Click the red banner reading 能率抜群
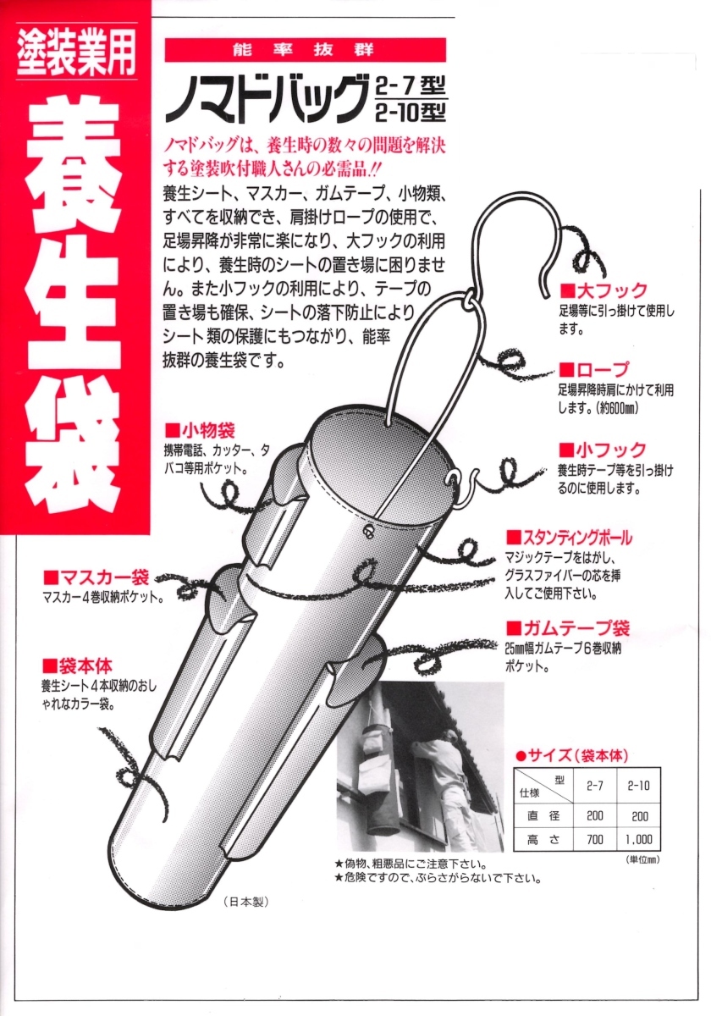[x=306, y=50]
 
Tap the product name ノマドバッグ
[x=266, y=100]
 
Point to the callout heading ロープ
[x=594, y=370]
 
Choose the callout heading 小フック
[x=603, y=450]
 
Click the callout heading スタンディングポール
[x=569, y=538]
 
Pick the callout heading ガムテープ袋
[x=568, y=628]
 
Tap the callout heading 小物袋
[x=200, y=430]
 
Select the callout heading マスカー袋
[x=96, y=577]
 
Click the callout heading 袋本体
[x=78, y=666]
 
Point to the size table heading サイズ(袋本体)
[x=572, y=755]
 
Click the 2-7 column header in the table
[x=594, y=786]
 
